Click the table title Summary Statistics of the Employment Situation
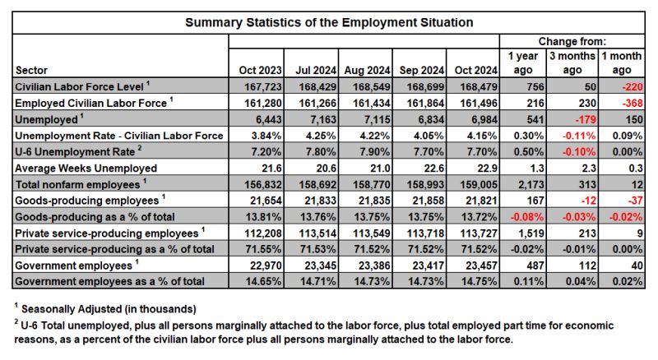tap(329, 22)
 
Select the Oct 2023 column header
tap(260, 70)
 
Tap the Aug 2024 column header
tap(367, 70)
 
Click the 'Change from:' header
tap(572, 41)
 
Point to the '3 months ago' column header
tap(572, 63)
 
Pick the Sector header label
tap(31, 70)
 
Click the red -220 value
tap(633, 87)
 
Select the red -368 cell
tap(633, 104)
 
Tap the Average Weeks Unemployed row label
tap(86, 168)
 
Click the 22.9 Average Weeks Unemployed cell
tap(487, 168)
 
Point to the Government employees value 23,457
tap(481, 265)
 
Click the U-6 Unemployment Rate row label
tap(78, 151)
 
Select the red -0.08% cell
tap(527, 217)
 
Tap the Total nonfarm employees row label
tap(81, 184)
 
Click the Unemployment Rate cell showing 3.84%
tap(266, 136)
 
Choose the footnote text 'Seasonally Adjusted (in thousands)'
tap(109, 309)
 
